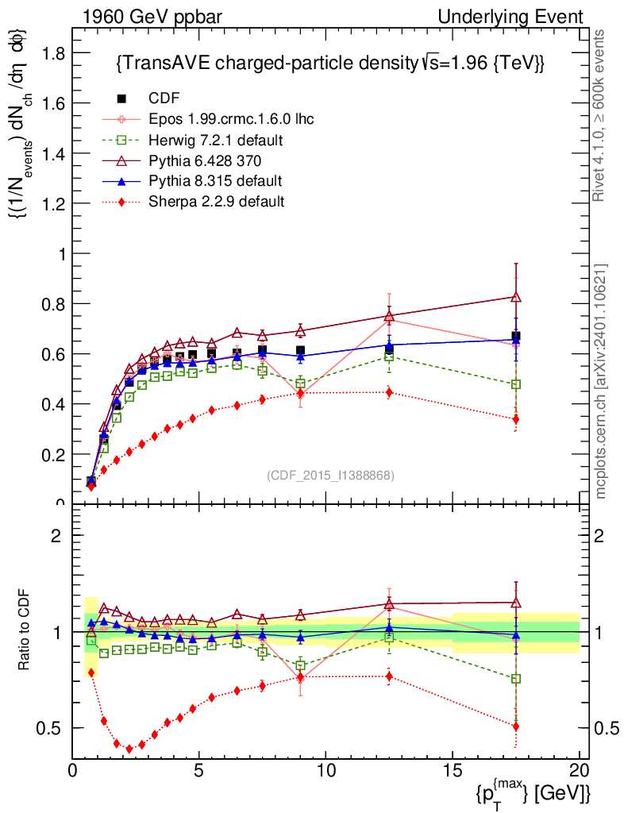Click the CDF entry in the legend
point(164,98)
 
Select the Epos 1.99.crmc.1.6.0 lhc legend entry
point(231,119)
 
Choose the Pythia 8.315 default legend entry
point(215,180)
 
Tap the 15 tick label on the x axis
point(452,770)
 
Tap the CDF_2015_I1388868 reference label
point(329,475)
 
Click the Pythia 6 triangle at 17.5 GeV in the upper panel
point(516,297)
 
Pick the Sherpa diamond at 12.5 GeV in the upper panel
point(389,392)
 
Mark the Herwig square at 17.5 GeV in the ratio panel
point(516,679)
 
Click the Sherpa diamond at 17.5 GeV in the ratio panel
point(516,726)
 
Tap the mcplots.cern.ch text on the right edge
point(601,381)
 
